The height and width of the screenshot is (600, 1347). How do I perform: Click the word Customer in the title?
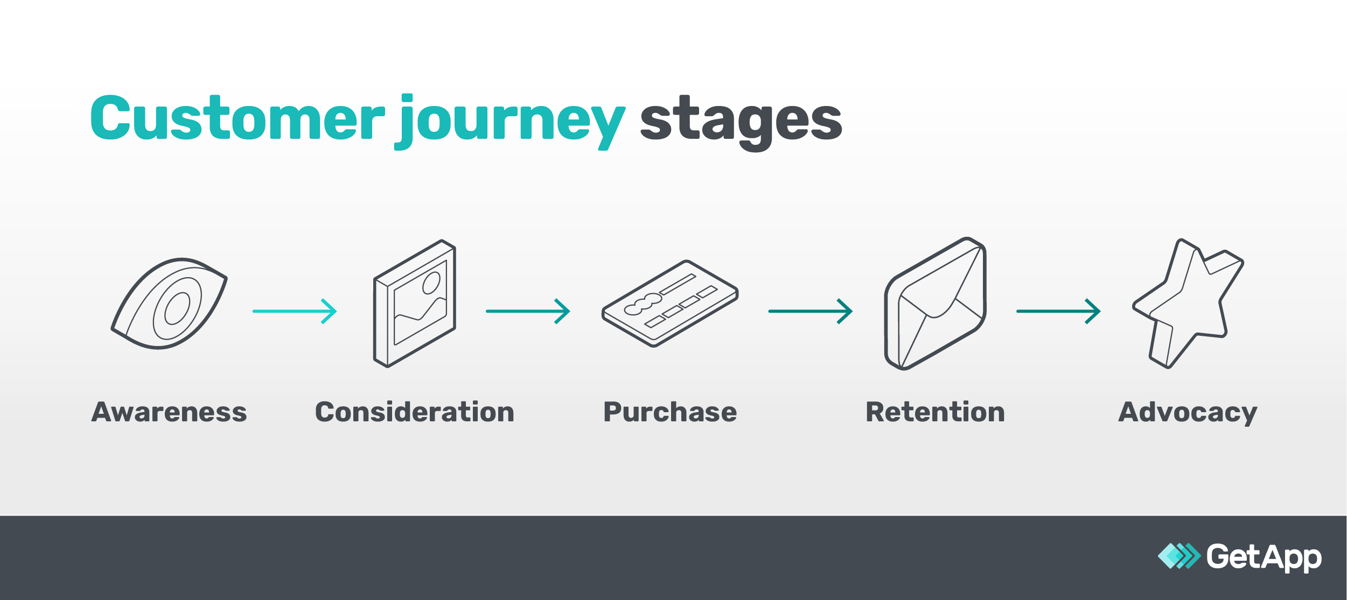pyautogui.click(x=237, y=118)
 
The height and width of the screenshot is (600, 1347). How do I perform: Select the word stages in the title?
pyautogui.click(x=741, y=121)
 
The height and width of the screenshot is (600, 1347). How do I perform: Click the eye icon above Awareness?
pyautogui.click(x=169, y=304)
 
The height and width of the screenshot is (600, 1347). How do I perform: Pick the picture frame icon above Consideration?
pyautogui.click(x=415, y=304)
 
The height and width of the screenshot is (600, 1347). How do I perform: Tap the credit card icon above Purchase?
pyautogui.click(x=669, y=304)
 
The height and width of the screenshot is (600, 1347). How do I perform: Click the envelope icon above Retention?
pyautogui.click(x=936, y=304)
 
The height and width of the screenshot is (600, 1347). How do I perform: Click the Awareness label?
pyautogui.click(x=169, y=412)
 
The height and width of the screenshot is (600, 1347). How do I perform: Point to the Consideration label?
pyautogui.click(x=415, y=412)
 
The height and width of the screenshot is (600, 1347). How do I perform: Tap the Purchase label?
pyautogui.click(x=670, y=412)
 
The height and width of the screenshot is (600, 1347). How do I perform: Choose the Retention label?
pyautogui.click(x=935, y=412)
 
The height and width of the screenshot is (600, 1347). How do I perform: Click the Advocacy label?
pyautogui.click(x=1188, y=413)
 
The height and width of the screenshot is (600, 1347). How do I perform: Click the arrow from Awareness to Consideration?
pyautogui.click(x=295, y=311)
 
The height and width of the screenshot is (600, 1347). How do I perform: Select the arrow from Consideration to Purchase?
pyautogui.click(x=528, y=311)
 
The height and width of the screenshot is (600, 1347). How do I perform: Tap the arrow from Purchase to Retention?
pyautogui.click(x=810, y=311)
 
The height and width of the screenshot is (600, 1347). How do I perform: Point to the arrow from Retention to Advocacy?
pyautogui.click(x=1058, y=311)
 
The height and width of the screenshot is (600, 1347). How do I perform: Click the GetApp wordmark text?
pyautogui.click(x=1264, y=557)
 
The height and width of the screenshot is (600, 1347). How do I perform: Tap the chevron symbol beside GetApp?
pyautogui.click(x=1179, y=556)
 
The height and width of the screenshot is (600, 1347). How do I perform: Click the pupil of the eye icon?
pyautogui.click(x=177, y=309)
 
